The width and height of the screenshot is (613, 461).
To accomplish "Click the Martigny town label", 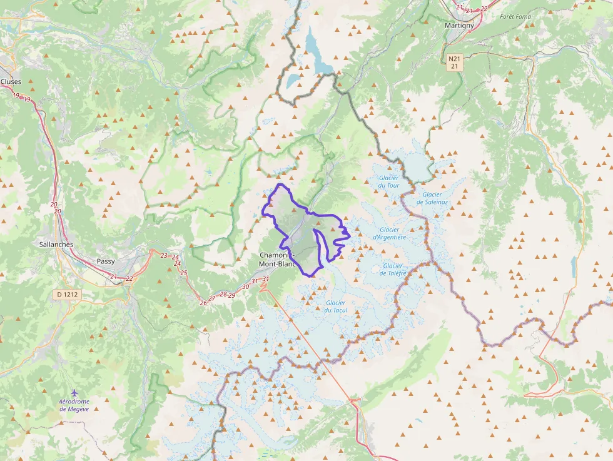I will (459, 25).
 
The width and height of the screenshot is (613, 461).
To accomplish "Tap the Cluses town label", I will (11, 81).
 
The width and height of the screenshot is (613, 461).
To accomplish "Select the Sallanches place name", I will (56, 245).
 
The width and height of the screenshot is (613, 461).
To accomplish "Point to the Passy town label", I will (106, 261).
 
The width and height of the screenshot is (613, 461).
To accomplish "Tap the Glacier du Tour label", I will (388, 181).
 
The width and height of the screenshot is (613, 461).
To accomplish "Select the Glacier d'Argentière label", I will (390, 233).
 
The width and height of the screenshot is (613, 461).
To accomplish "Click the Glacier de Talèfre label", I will (393, 269).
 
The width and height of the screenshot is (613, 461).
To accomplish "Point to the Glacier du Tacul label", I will (336, 306).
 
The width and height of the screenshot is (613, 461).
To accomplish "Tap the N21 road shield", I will (455, 58).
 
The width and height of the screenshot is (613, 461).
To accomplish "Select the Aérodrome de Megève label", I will (74, 405).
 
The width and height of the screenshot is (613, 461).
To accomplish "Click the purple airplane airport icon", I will (75, 392).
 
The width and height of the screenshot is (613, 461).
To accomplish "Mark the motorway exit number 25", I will (184, 272).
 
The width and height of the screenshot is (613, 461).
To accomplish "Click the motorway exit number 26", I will (203, 303).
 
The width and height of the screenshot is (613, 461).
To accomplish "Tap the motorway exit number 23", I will (164, 255).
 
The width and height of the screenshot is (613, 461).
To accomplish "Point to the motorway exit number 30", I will (246, 286).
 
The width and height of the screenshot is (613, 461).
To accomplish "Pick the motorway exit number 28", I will (223, 294).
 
